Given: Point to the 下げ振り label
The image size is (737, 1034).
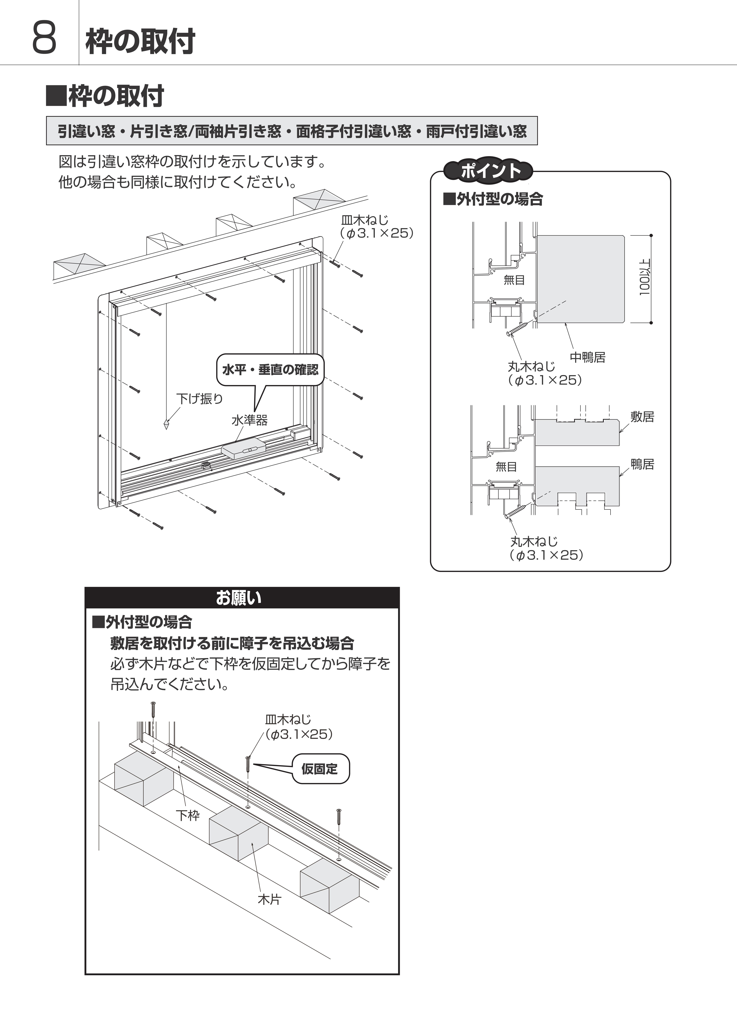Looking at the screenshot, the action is pos(200,398).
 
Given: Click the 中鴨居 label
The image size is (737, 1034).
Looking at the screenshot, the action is pos(588,357).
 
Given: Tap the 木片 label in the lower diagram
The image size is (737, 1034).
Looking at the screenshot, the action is pos(270,899).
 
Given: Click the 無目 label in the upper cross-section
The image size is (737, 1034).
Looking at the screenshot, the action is pos(514,280).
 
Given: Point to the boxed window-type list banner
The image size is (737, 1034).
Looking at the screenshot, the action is pos(292,131).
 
